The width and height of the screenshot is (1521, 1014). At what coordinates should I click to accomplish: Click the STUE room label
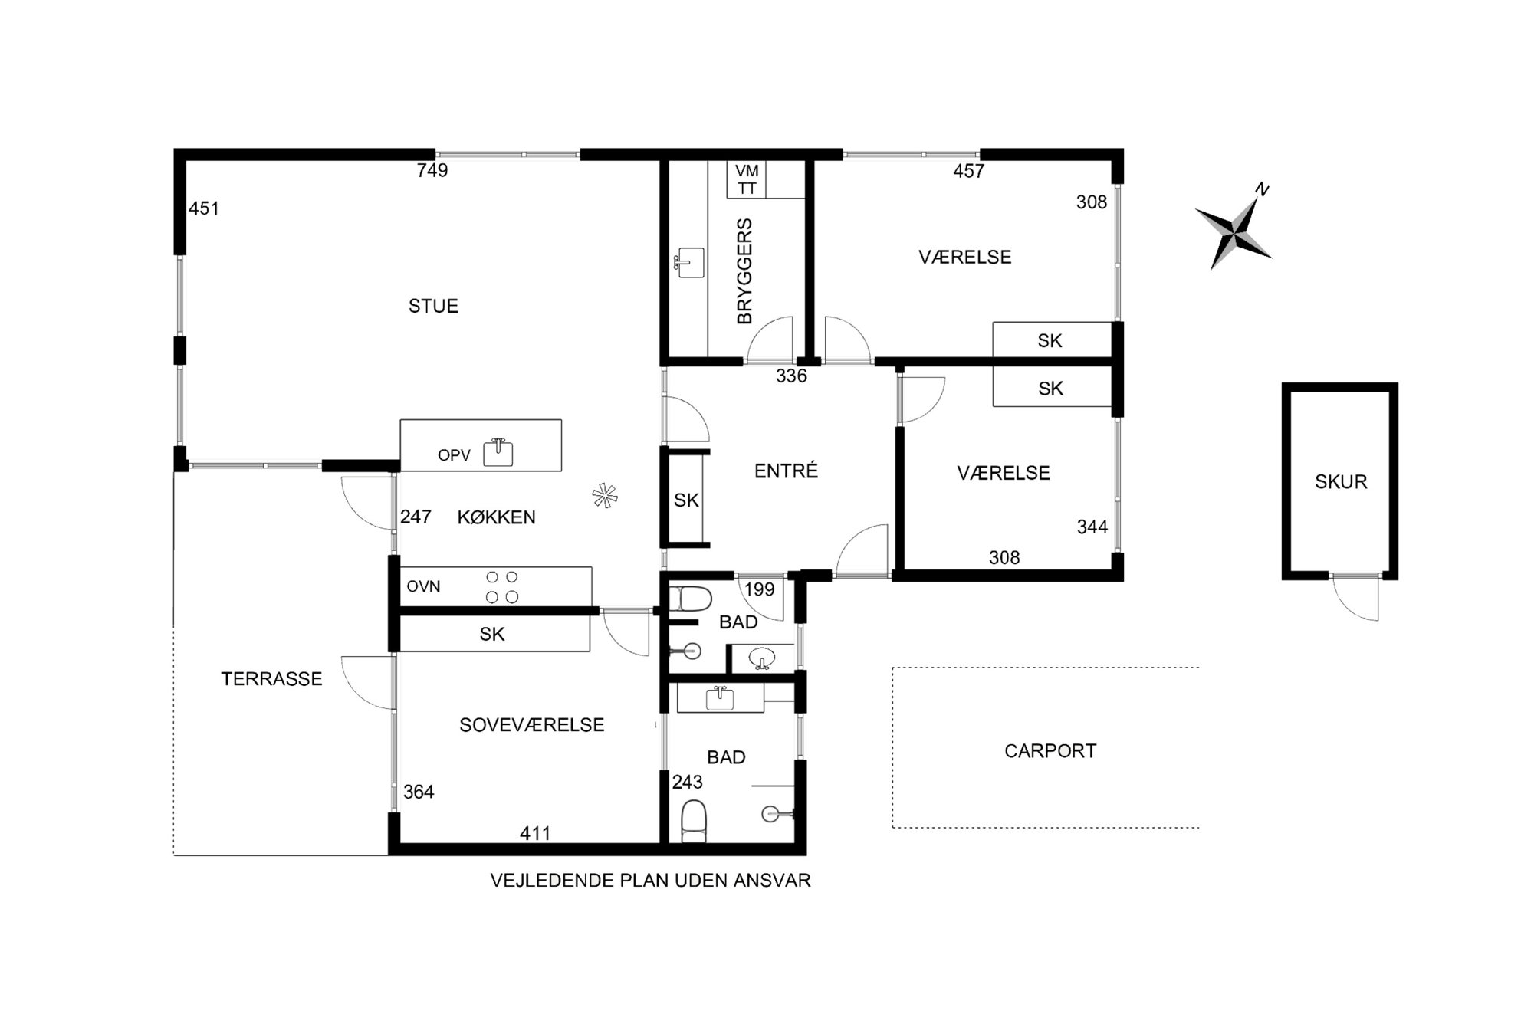click(433, 307)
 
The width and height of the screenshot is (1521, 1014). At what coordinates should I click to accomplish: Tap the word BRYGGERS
click(744, 271)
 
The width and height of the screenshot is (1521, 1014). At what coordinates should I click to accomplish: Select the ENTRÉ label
click(786, 471)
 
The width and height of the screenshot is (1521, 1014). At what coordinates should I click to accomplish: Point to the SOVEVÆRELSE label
click(531, 725)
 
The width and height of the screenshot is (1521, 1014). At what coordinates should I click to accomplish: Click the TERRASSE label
click(271, 679)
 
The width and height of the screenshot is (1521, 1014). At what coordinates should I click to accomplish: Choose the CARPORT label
click(1050, 751)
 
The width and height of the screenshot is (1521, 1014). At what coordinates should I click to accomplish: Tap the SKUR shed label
click(1341, 482)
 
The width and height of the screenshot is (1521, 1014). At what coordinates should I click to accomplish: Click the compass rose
click(1234, 228)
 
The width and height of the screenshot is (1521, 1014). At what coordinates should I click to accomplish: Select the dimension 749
click(432, 170)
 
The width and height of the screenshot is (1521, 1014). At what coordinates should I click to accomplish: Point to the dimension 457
click(968, 171)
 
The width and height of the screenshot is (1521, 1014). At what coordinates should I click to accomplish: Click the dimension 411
click(535, 833)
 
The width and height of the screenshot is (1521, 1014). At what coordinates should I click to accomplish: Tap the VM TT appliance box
click(747, 179)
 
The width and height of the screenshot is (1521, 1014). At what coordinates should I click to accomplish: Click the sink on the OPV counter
click(498, 452)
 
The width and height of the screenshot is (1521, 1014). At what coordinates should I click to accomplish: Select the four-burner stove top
click(502, 587)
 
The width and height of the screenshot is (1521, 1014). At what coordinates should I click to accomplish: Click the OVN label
click(423, 587)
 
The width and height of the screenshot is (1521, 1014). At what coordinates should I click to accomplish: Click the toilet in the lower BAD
click(694, 821)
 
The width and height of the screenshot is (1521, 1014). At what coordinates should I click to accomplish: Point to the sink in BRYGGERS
click(690, 263)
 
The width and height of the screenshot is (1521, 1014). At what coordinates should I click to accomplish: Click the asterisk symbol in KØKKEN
click(605, 496)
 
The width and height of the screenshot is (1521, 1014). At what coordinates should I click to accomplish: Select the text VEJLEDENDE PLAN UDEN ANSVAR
click(650, 881)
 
